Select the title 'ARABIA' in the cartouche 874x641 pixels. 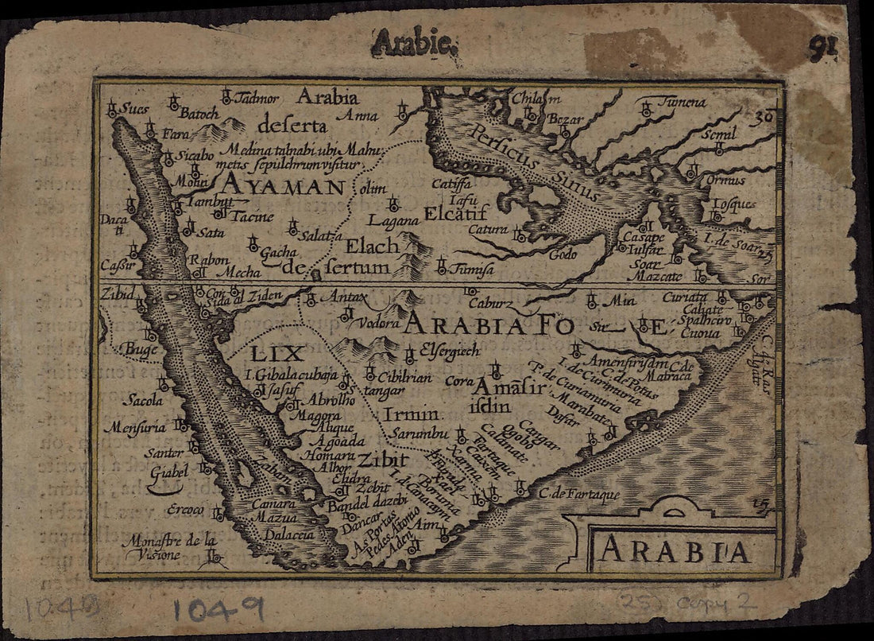click(674, 550)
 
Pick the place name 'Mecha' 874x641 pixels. click(238, 272)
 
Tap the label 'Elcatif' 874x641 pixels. click(456, 214)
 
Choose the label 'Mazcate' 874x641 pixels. click(654, 277)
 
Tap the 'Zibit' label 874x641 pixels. click(382, 460)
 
